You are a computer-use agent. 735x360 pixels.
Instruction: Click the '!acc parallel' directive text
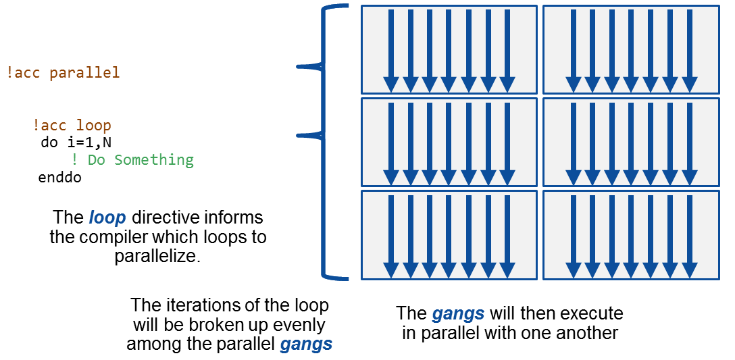point(63,72)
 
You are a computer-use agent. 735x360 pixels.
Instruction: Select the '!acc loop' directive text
point(72,125)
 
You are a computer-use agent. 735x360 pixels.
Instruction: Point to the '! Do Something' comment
point(132,160)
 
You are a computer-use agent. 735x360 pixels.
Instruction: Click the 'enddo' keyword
point(60,178)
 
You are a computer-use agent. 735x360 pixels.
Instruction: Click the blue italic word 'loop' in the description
point(107,218)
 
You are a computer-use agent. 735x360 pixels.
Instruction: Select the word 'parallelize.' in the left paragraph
point(157,256)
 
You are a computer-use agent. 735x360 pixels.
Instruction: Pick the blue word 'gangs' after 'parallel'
point(306,344)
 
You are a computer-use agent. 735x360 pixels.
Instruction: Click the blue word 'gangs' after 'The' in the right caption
point(459,313)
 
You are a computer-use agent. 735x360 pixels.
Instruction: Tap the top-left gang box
point(449,49)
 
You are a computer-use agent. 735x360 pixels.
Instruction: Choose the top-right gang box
point(631,49)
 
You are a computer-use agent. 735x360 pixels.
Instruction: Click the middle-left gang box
point(449,142)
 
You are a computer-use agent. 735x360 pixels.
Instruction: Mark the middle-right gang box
point(631,142)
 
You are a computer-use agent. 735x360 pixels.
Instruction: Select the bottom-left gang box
point(449,234)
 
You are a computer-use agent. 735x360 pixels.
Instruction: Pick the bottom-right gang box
point(631,234)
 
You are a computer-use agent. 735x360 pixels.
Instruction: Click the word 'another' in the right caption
point(588,333)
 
